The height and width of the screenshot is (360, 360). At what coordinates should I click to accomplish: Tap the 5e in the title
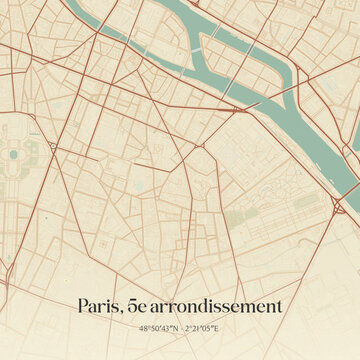[140, 306]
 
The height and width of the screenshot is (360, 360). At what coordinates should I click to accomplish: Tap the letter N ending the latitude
[176, 328]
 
